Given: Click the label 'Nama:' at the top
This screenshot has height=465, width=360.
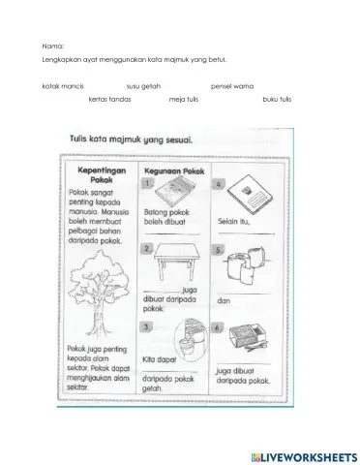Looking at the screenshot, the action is pos(53,46).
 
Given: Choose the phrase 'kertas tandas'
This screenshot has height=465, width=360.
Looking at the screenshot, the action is pos(107,99).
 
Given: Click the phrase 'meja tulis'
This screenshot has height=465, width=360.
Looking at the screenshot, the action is pos(184,99).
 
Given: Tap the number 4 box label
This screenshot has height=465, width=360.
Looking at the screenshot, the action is pos(221,183).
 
